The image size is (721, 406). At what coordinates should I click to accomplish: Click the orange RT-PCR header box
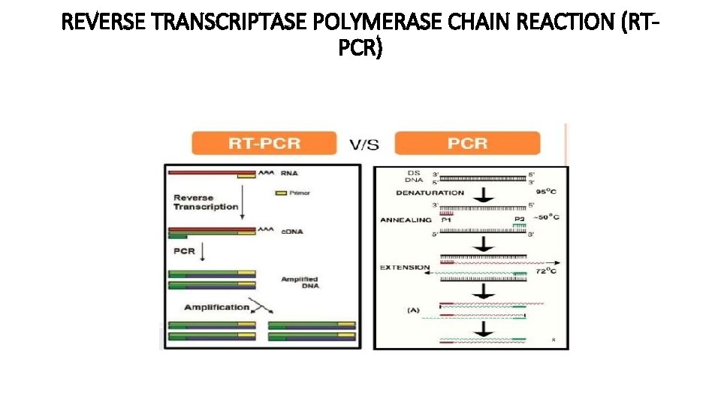263,143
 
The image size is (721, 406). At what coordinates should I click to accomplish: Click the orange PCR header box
467,143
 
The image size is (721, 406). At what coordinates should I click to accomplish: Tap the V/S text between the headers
364,144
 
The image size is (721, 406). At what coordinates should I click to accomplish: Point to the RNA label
289,173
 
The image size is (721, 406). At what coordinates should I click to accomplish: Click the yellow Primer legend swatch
282,193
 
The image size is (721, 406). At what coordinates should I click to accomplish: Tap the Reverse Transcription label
206,202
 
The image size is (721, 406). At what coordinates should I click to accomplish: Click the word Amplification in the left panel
216,307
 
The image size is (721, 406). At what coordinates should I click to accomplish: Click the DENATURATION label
429,192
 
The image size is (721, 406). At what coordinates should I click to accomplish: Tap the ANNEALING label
406,220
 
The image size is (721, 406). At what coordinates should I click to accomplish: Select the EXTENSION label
405,267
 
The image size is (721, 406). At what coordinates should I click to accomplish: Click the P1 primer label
446,220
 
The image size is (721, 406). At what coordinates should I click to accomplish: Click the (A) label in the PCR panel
414,309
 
